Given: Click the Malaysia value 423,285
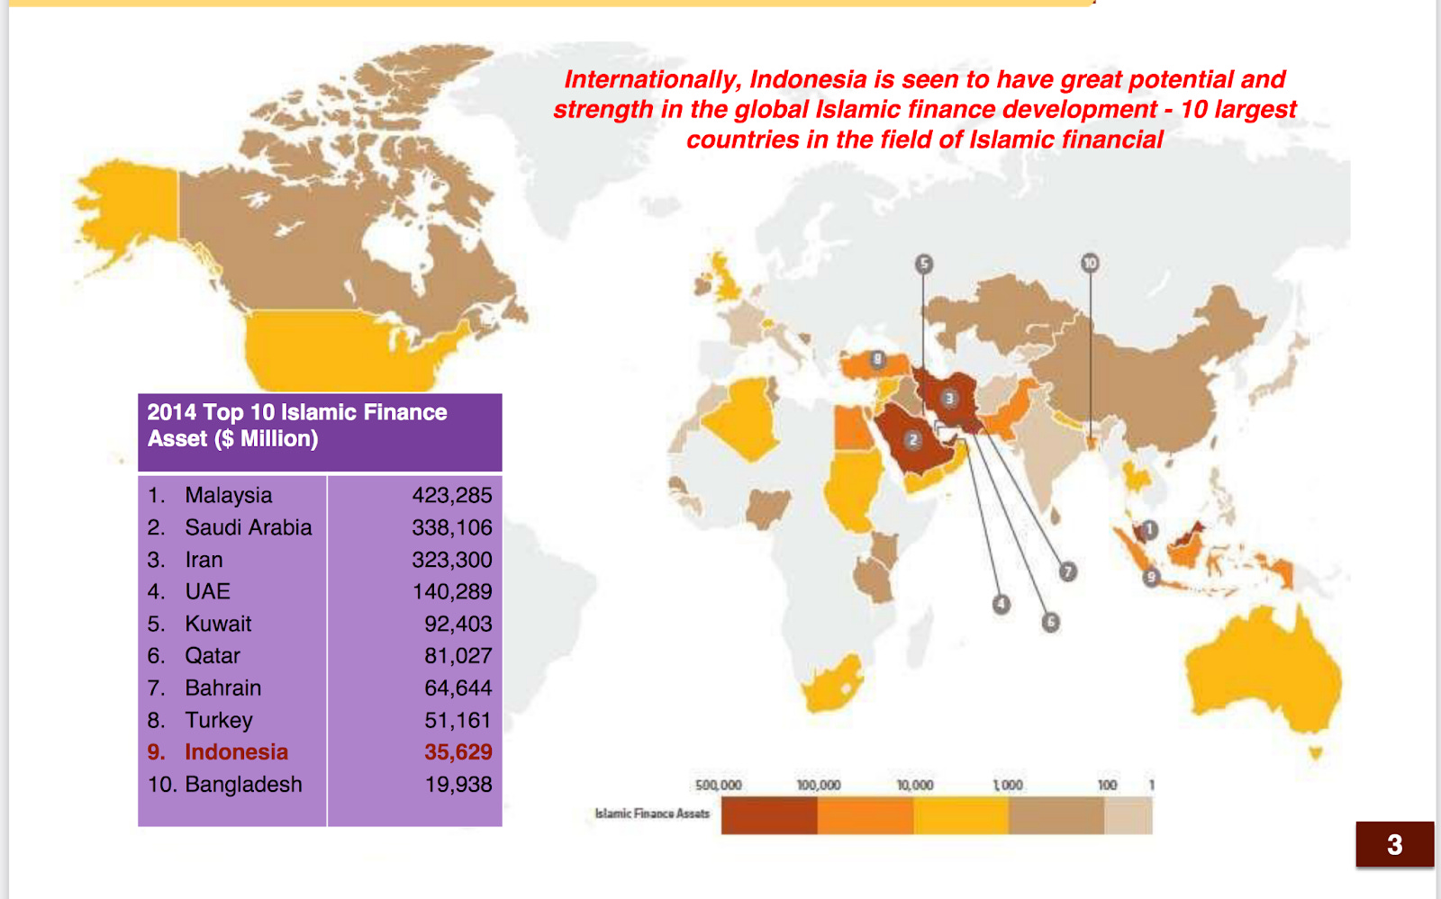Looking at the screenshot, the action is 452,495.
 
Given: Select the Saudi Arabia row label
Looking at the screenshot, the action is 248,527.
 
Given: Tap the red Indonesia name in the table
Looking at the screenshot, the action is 236,751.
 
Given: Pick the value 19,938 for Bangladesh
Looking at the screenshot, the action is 458,784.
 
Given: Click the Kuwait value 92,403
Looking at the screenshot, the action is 458,624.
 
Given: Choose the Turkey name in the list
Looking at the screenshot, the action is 219,720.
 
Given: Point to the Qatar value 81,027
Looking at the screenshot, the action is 458,655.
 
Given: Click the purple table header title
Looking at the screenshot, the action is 297,426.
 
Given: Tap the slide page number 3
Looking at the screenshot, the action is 1394,844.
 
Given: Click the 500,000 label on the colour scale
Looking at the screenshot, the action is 718,785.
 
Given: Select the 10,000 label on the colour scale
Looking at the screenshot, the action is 914,785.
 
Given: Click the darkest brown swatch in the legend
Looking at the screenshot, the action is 769,815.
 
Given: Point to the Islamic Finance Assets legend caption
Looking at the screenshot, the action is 652,814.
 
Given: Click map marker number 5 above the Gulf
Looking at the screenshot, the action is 923,264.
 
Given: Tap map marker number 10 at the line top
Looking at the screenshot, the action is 1090,263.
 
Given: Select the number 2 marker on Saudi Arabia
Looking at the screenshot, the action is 913,440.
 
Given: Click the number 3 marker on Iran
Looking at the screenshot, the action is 948,399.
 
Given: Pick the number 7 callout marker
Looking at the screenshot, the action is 1067,571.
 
